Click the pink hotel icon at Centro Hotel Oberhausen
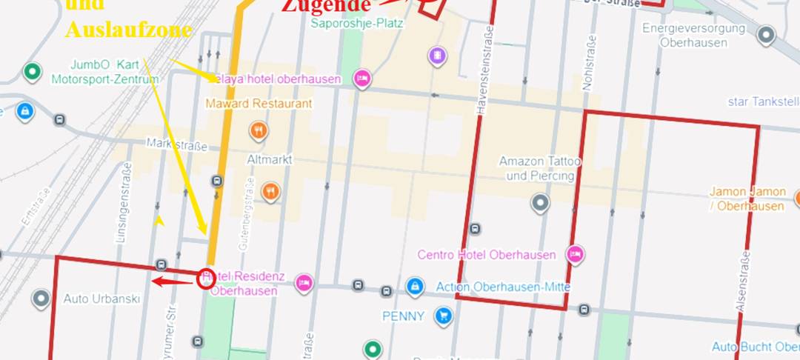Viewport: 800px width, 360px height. click(575, 255)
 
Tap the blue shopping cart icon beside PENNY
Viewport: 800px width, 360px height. click(444, 316)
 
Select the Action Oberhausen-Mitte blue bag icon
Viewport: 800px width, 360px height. click(415, 286)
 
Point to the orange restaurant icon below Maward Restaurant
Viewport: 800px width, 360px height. click(258, 131)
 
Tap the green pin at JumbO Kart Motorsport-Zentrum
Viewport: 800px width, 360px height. click(31, 72)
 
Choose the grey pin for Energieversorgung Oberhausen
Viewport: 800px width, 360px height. click(766, 34)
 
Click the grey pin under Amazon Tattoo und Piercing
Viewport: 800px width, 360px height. click(541, 202)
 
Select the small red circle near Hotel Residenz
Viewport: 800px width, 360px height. click(207, 279)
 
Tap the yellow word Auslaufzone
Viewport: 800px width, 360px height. click(128, 30)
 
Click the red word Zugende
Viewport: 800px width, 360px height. click(325, 6)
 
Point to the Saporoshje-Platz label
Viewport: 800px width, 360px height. click(357, 23)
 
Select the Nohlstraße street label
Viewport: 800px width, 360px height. click(590, 62)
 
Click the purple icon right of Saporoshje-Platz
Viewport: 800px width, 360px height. click(439, 56)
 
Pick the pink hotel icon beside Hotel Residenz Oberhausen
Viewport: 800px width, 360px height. click(303, 283)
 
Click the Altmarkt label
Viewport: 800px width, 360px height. click(270, 159)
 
